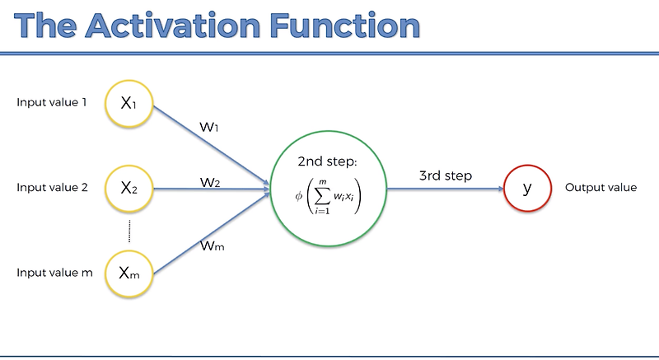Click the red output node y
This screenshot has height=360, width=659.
[527, 188]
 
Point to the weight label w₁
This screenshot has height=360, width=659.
[209, 129]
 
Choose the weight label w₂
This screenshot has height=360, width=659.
[210, 180]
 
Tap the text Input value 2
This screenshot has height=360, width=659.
[52, 188]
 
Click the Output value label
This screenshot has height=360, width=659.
[601, 188]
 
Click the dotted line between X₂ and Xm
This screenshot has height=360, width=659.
[130, 231]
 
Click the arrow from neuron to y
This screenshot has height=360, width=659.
[445, 189]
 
